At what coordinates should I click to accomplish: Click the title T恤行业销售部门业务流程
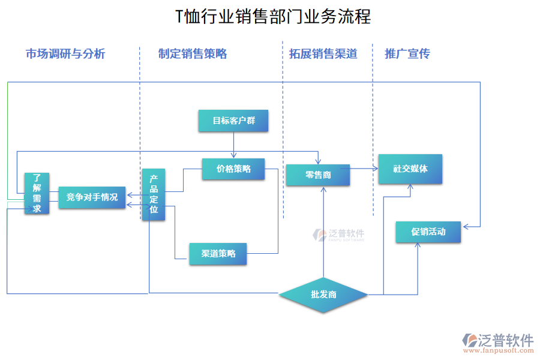(x=272, y=16)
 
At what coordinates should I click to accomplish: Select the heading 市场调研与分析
(x=65, y=53)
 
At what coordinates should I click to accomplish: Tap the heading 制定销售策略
(x=193, y=53)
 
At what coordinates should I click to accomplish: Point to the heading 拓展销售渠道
(x=323, y=53)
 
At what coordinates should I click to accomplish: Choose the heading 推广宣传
(x=407, y=53)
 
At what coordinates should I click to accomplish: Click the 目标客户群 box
(x=233, y=121)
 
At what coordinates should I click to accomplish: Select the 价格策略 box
(x=233, y=169)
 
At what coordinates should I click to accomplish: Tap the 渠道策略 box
(x=218, y=254)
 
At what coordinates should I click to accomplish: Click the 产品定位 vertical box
(x=154, y=194)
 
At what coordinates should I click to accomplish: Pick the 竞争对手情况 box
(x=92, y=197)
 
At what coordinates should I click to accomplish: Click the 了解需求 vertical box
(x=37, y=193)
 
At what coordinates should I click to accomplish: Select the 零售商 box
(x=317, y=175)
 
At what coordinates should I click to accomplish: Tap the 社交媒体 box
(x=410, y=169)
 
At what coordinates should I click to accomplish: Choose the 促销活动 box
(x=428, y=232)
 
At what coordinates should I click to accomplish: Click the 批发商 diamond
(x=323, y=295)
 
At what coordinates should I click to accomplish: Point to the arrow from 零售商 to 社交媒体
(x=364, y=168)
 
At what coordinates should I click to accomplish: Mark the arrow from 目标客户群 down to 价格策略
(x=233, y=145)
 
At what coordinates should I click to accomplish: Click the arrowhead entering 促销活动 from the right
(x=465, y=227)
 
